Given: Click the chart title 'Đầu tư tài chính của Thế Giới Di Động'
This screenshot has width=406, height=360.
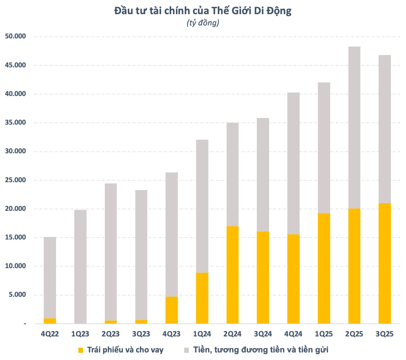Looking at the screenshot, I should tap(203, 11).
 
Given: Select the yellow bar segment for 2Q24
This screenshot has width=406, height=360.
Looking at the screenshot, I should tap(233, 275).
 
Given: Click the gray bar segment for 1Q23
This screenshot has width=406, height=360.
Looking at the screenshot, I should tap(80, 267).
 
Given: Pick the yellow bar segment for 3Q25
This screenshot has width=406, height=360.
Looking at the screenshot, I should tap(385, 263).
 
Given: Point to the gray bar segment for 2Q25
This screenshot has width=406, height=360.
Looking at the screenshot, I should tap(354, 127).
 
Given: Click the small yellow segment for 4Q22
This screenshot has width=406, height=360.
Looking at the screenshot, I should tap(50, 321).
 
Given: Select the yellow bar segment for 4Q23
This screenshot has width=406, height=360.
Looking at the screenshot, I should tap(172, 310).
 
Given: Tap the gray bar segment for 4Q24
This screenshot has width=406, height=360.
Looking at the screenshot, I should tap(293, 163).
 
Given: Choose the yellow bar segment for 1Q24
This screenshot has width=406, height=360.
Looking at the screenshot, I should tap(202, 298).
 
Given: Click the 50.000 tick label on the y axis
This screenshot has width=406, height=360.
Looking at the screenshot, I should tap(15, 37).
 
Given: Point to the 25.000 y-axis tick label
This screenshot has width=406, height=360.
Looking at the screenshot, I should tap(15, 180).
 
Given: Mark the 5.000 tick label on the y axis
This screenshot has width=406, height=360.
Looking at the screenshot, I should tap(17, 295).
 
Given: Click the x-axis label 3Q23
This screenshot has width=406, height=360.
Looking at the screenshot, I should tap(141, 334).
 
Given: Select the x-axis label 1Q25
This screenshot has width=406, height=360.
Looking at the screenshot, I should tap(324, 334).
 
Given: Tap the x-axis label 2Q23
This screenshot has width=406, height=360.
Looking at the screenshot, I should tap(110, 334).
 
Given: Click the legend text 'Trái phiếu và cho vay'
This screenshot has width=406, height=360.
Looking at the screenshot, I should tap(125, 350).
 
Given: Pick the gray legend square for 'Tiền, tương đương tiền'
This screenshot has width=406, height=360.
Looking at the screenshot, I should tap(187, 350).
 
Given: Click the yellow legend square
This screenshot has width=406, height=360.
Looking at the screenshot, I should tap(81, 350).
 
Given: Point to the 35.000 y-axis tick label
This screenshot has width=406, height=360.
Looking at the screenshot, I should tap(15, 123).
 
